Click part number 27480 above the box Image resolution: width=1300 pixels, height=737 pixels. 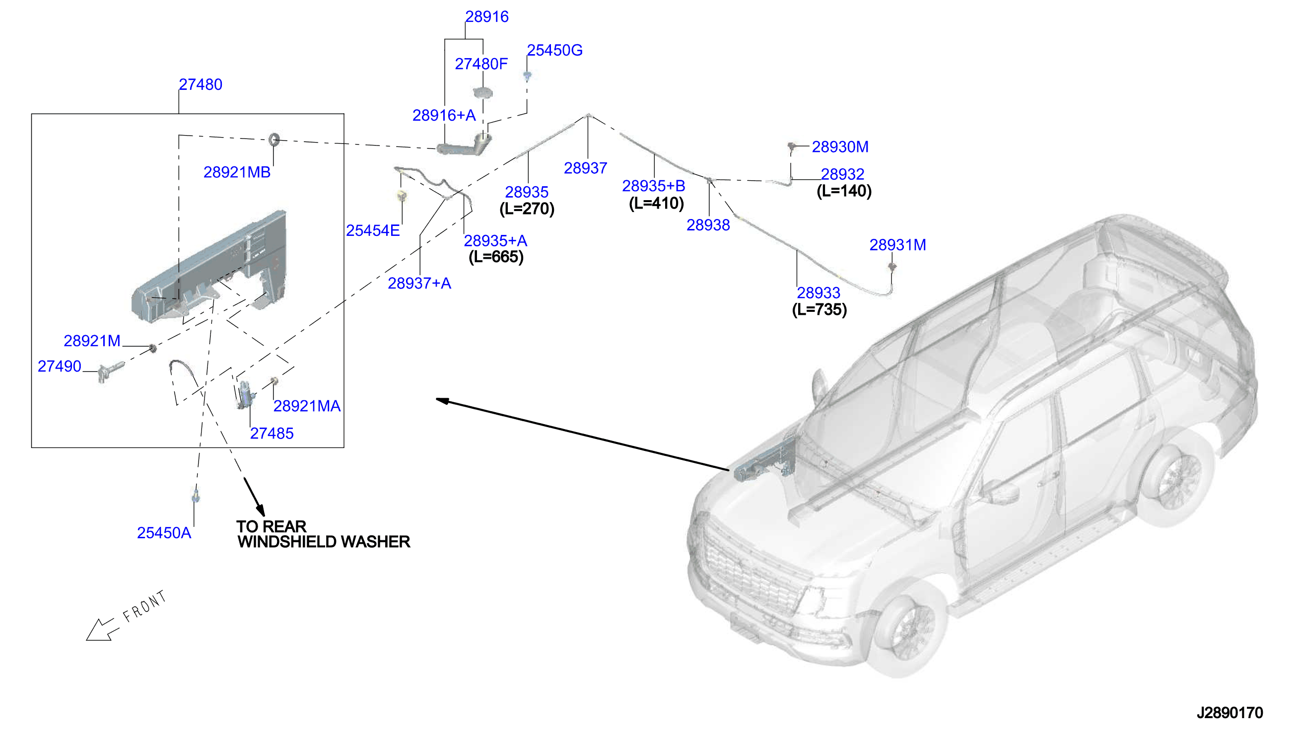pos(201,84)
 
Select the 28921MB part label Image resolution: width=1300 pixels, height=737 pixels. pos(237,172)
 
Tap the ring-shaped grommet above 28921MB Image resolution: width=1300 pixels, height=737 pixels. pos(274,139)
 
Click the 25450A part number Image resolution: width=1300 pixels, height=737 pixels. pos(164,532)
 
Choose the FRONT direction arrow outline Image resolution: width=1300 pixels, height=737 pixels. pos(102,630)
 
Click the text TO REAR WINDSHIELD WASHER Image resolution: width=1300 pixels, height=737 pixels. pos(323,534)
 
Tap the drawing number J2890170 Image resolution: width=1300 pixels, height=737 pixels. pos(1229,713)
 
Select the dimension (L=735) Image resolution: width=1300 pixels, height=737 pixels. pos(819,309)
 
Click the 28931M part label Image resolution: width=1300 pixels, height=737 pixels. pos(897,245)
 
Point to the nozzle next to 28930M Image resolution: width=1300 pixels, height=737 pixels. pos(791,147)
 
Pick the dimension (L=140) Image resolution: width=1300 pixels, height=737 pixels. pos(844,191)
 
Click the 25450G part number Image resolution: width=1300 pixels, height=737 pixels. pos(554,50)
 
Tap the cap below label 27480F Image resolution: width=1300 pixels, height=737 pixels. pos(482,93)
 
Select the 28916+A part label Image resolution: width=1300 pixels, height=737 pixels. pos(444,115)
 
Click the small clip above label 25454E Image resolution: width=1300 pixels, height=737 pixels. pos(403,195)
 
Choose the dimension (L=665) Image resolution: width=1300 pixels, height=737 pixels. pos(496,257)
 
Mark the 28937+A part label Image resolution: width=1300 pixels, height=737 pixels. pos(419,283)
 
